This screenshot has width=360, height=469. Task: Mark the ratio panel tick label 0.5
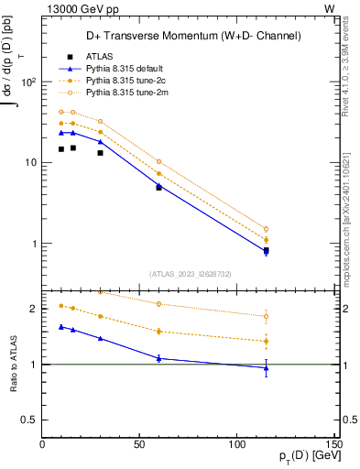click(30, 420)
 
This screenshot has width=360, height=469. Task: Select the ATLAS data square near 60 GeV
click(158, 187)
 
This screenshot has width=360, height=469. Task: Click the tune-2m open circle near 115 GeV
click(266, 229)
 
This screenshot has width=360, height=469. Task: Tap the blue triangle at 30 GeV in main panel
click(101, 142)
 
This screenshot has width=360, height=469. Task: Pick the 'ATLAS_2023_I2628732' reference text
click(189, 273)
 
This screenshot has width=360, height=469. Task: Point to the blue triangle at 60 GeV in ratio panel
click(158, 358)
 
